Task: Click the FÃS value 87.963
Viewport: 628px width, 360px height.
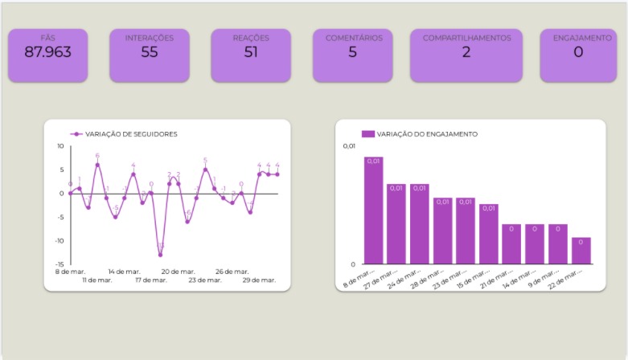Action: tap(47, 53)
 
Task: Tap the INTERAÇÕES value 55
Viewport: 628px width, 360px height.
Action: tap(150, 53)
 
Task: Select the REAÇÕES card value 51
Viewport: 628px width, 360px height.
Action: tap(251, 53)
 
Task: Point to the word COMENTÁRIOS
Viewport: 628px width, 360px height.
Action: tap(353, 38)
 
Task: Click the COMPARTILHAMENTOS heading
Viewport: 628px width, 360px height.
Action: tap(466, 38)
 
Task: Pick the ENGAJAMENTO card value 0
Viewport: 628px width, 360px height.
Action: tap(578, 53)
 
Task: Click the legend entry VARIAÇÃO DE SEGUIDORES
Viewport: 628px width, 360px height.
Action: tap(131, 134)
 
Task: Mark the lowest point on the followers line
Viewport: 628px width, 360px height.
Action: tap(160, 255)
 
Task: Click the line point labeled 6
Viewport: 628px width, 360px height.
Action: tap(97, 165)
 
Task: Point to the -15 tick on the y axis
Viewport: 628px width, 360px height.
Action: tap(59, 264)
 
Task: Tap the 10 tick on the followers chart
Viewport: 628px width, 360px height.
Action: tap(60, 146)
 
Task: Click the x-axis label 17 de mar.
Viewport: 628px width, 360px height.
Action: tap(150, 280)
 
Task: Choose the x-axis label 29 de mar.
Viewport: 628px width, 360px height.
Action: tap(258, 280)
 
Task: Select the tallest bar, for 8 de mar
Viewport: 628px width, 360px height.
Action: tap(373, 211)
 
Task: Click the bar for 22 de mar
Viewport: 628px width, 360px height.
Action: tap(581, 251)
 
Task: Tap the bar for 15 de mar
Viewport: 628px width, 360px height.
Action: tap(489, 234)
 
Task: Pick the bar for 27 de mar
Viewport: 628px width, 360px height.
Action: tap(396, 224)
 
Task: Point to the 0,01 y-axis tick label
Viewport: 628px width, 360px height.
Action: tap(349, 146)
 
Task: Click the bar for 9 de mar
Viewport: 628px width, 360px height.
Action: tap(558, 244)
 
